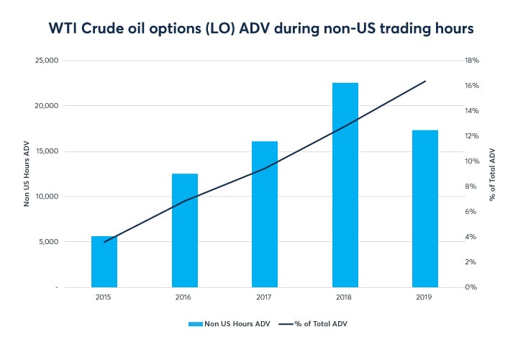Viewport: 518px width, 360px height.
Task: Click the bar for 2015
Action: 104,261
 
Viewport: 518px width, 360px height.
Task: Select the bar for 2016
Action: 184,230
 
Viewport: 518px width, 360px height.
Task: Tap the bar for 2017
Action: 265,214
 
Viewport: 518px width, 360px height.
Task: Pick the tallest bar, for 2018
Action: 345,184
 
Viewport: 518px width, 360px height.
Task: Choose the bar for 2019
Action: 425,208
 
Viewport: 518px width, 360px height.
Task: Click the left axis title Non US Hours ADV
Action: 27,174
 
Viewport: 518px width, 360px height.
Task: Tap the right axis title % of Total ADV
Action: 493,174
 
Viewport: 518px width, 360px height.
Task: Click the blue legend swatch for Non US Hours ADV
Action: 196,323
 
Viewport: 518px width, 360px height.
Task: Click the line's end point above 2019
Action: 425,81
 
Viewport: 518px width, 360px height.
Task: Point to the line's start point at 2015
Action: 104,242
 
